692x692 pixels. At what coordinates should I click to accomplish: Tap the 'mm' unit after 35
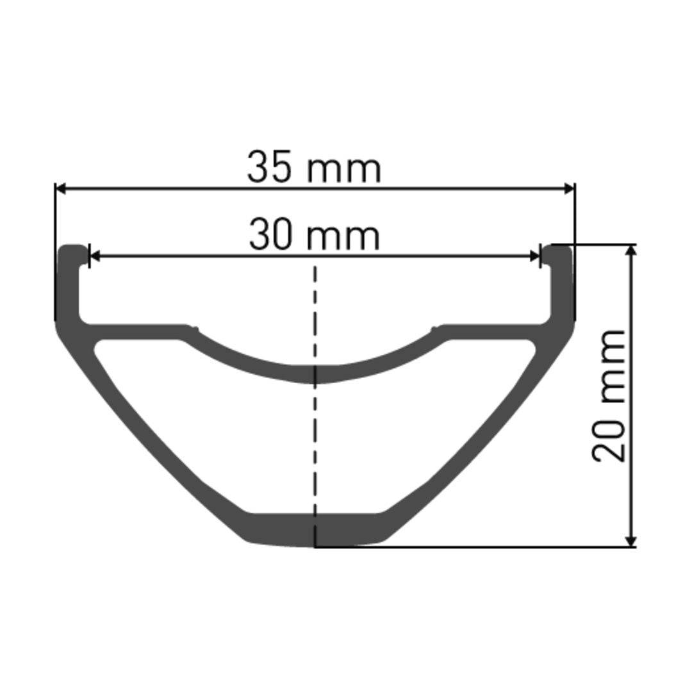click(343, 170)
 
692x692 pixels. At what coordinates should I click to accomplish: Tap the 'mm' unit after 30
click(343, 236)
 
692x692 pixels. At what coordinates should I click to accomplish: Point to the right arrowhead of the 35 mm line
click(569, 188)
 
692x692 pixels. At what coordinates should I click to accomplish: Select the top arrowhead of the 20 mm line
click(632, 251)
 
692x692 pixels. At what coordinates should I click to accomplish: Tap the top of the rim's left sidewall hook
click(72, 249)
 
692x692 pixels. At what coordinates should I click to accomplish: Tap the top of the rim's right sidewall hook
click(559, 249)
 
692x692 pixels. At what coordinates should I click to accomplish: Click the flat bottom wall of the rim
click(315, 529)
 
